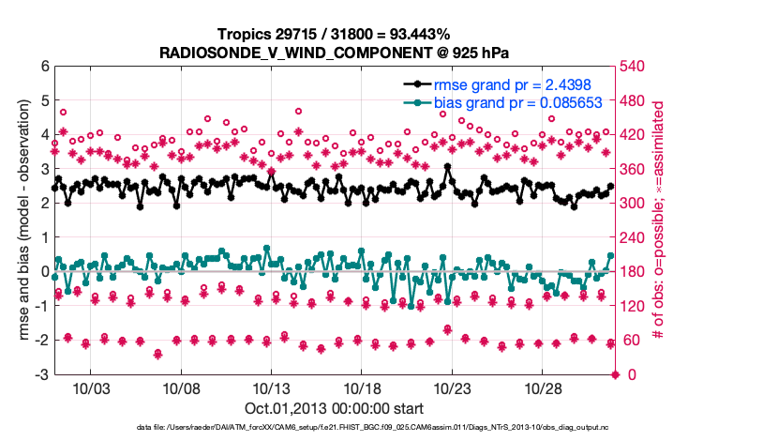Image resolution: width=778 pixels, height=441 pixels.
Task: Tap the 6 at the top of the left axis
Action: point(43,67)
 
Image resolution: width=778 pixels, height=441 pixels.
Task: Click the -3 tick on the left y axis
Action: point(40,375)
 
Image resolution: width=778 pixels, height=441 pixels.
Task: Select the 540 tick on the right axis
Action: point(634,67)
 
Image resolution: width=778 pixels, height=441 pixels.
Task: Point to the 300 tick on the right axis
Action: point(634,204)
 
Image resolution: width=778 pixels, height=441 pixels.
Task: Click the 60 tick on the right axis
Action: point(631,341)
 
